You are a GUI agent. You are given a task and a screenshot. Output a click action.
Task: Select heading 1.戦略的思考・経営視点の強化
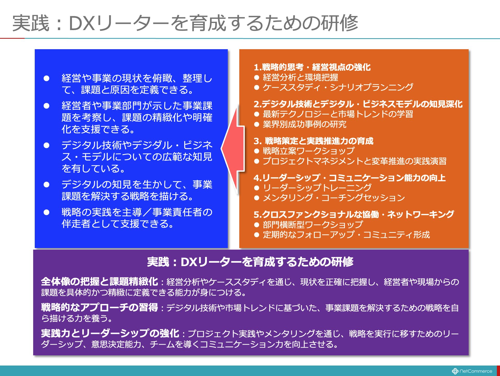(312, 67)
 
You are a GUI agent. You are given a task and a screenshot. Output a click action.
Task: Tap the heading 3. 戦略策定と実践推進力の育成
(313, 141)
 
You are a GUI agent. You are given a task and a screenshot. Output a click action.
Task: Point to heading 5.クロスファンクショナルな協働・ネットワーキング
(354, 215)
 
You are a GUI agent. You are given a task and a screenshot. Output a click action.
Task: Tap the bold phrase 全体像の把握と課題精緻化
(100, 282)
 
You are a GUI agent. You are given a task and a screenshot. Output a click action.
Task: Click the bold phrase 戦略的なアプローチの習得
(100, 307)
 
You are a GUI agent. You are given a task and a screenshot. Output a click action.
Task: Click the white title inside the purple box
(250, 262)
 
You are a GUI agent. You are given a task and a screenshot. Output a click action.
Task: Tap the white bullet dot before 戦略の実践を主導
(46, 212)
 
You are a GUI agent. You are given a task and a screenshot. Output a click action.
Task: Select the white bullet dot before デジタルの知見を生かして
(46, 185)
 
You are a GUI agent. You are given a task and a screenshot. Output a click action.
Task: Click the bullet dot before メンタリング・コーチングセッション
(257, 198)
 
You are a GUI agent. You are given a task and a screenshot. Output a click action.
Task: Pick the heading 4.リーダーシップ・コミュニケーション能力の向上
(350, 178)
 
